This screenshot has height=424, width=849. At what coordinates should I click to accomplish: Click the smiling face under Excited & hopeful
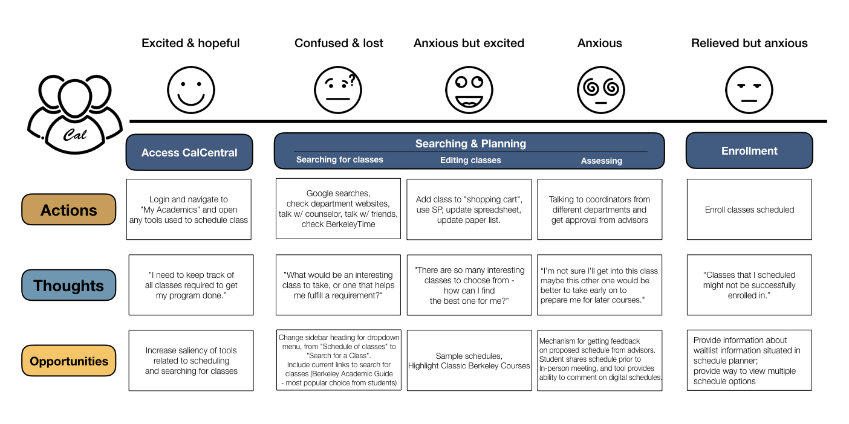[191, 90]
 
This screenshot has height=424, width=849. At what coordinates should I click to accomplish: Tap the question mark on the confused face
[353, 80]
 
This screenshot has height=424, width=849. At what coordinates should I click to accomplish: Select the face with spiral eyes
[600, 90]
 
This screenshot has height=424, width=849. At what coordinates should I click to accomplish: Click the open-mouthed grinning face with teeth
[469, 90]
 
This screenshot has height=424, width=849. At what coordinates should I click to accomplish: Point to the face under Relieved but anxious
[749, 90]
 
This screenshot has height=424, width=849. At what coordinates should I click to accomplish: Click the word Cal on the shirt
[74, 135]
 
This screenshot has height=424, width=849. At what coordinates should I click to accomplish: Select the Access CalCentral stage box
[189, 152]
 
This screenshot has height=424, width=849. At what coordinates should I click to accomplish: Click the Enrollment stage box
[749, 150]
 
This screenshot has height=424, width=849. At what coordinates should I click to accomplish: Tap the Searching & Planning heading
[470, 144]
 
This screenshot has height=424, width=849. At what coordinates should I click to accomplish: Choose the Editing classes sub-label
[470, 160]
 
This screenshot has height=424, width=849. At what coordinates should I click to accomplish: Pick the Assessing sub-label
[602, 161]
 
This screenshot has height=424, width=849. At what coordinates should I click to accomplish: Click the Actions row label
[68, 210]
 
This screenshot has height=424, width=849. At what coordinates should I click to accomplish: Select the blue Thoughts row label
[68, 285]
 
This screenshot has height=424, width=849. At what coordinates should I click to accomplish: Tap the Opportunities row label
[68, 361]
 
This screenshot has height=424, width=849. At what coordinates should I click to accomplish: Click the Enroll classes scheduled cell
[749, 210]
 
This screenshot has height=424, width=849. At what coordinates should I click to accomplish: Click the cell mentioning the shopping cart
[469, 210]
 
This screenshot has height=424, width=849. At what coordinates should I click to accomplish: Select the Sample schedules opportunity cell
[469, 361]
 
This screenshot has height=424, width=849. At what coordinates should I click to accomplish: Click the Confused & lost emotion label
[339, 43]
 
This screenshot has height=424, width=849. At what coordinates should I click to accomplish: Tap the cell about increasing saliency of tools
[191, 361]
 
